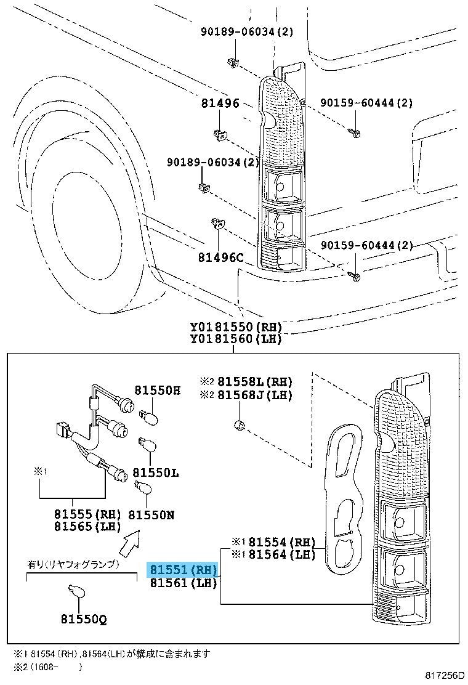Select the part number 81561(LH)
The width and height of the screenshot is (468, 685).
(183, 583)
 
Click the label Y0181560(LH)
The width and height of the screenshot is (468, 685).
(235, 338)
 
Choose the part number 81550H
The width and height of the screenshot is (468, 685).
(158, 390)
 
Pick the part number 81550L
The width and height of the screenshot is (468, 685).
(156, 472)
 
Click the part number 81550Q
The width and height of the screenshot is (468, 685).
(83, 618)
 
